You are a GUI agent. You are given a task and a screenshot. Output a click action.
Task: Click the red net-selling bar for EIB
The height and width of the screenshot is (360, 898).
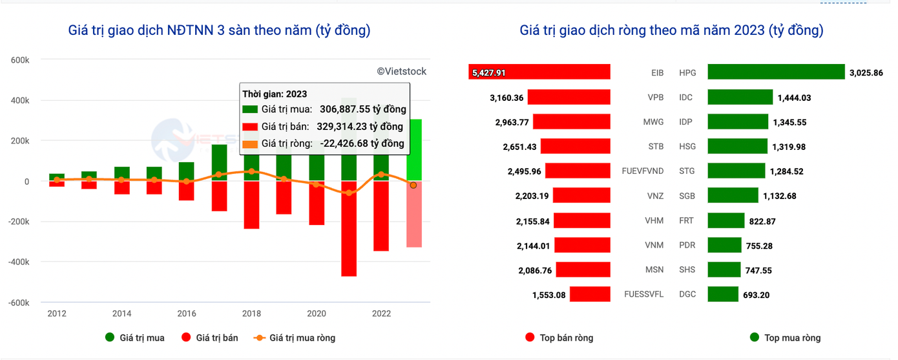(x=539, y=72)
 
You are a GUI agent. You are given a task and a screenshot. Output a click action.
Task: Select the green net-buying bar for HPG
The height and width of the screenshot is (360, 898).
(x=776, y=72)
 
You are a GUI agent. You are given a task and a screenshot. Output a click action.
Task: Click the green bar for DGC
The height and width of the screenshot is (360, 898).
(x=723, y=295)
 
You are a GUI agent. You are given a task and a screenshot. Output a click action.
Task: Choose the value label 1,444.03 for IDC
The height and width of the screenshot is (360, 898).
(x=792, y=98)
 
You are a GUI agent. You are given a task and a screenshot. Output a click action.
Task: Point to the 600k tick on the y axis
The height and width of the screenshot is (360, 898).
(x=20, y=60)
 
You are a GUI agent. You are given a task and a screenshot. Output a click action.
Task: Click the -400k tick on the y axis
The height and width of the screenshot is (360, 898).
(x=18, y=262)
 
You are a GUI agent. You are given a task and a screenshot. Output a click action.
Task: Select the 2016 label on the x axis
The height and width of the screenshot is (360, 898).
(x=187, y=314)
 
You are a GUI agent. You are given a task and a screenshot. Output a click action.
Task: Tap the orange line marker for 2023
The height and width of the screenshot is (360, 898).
(x=413, y=185)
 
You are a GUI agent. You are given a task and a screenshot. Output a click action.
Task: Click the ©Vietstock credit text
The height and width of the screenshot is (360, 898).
(x=401, y=72)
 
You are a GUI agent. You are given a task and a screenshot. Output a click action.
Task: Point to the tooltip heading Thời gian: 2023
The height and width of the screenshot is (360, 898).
(x=275, y=94)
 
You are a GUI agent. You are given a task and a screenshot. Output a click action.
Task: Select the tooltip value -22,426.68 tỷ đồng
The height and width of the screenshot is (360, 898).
(x=362, y=143)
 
